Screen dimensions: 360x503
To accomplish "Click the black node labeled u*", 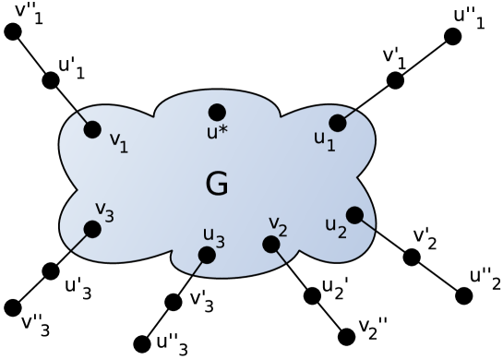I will click(x=217, y=112).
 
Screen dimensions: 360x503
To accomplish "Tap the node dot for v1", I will click(x=92, y=129).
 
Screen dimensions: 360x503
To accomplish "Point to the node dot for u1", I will click(x=337, y=122).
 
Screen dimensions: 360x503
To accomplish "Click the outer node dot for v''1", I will click(x=13, y=32).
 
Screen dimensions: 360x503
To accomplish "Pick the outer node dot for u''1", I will click(x=452, y=36).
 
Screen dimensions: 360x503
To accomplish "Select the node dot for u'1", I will click(x=51, y=80).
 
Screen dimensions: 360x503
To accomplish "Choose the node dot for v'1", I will click(x=395, y=80).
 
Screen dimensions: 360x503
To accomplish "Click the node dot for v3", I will click(x=92, y=228).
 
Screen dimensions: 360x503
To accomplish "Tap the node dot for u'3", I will click(x=51, y=271).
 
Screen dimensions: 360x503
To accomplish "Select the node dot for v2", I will click(x=270, y=245).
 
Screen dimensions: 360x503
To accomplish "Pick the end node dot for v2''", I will click(x=346, y=337).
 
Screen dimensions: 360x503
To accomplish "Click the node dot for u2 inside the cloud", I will click(x=352, y=212).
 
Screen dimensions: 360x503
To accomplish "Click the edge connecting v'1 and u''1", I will click(x=424, y=58).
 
